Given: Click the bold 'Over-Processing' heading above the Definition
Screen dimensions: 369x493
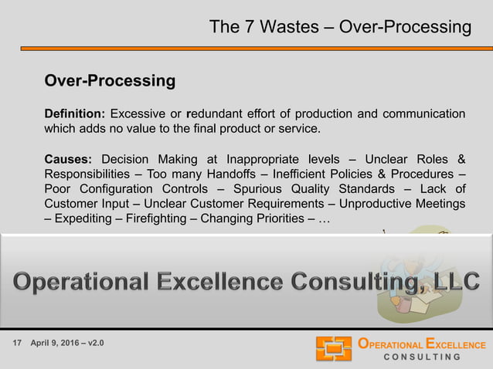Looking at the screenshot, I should click(110, 81).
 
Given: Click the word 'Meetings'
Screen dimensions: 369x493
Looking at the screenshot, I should click(439, 204).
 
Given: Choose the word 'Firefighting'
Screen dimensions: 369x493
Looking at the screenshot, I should click(155, 218).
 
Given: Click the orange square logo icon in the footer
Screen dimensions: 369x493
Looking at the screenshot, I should click(333, 349).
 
